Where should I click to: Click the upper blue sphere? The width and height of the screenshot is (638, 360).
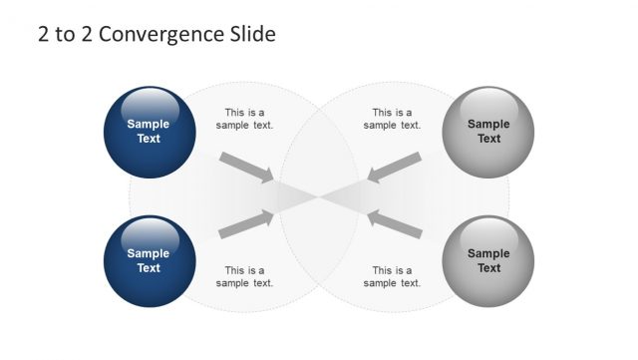tap(149, 132)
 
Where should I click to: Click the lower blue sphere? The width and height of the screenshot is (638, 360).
tap(149, 261)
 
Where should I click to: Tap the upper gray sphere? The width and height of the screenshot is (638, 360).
tap(488, 132)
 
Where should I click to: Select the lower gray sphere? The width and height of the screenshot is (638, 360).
tap(488, 261)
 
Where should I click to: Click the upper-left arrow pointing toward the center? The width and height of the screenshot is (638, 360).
tap(246, 168)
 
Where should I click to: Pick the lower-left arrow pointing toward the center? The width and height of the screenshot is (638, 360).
tap(246, 223)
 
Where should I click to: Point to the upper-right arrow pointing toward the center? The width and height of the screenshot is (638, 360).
tap(394, 168)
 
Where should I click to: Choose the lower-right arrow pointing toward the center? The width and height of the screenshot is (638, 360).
tap(394, 223)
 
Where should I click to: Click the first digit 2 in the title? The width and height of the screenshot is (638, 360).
tap(43, 34)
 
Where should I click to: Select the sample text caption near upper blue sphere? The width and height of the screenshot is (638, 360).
tap(245, 119)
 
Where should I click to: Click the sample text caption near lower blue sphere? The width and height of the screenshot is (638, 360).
tap(245, 276)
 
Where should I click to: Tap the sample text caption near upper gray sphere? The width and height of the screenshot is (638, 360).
tap(393, 119)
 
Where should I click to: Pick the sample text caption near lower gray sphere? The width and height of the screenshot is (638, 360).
tap(393, 276)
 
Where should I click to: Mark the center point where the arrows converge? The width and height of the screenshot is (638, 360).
tap(319, 195)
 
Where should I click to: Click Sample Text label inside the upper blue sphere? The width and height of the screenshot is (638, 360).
tap(149, 132)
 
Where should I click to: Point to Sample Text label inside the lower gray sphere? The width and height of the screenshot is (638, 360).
tap(488, 261)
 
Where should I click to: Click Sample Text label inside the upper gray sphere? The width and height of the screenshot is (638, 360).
tap(488, 132)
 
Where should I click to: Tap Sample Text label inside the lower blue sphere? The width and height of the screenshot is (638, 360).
tap(149, 261)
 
